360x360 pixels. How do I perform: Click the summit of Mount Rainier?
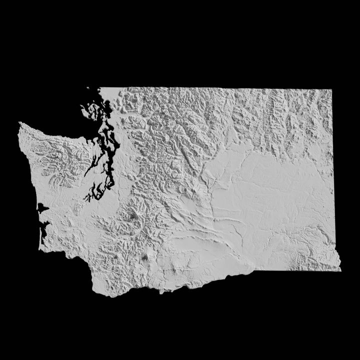click(x=134, y=217)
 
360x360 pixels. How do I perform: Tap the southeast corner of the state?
click(x=340, y=270)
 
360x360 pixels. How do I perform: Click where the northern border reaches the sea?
click(x=100, y=88)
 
